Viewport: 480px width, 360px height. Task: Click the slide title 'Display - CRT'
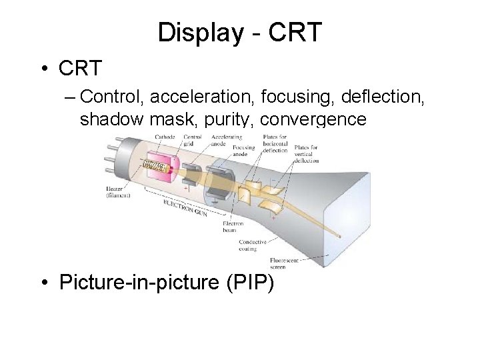tap(240, 32)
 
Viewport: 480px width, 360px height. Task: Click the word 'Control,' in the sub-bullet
tap(113, 97)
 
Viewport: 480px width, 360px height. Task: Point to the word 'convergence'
tap(313, 120)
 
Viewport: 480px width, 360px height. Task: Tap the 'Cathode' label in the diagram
tap(165, 137)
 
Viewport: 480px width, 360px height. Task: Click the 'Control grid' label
tap(193, 140)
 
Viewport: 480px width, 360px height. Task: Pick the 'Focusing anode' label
tap(245, 152)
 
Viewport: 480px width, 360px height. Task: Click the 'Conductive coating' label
tap(253, 245)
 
